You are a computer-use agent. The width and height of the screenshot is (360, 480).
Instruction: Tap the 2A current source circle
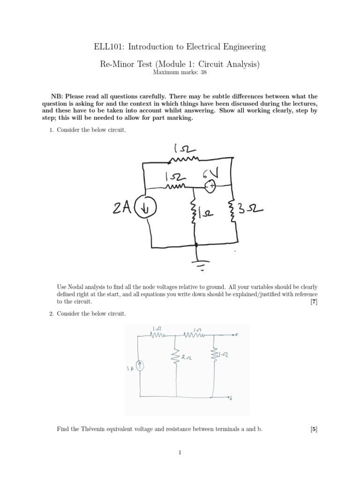pyautogui.click(x=146, y=208)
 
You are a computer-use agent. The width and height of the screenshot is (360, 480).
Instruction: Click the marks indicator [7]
pyautogui.click(x=314, y=302)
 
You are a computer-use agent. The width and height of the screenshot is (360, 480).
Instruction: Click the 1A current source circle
pyautogui.click(x=139, y=366)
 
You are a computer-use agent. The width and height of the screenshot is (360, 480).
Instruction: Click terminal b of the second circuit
pyautogui.click(x=231, y=397)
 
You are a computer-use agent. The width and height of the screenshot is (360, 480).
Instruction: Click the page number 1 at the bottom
pyautogui.click(x=180, y=452)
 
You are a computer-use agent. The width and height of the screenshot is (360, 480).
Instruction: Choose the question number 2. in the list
pyautogui.click(x=52, y=313)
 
